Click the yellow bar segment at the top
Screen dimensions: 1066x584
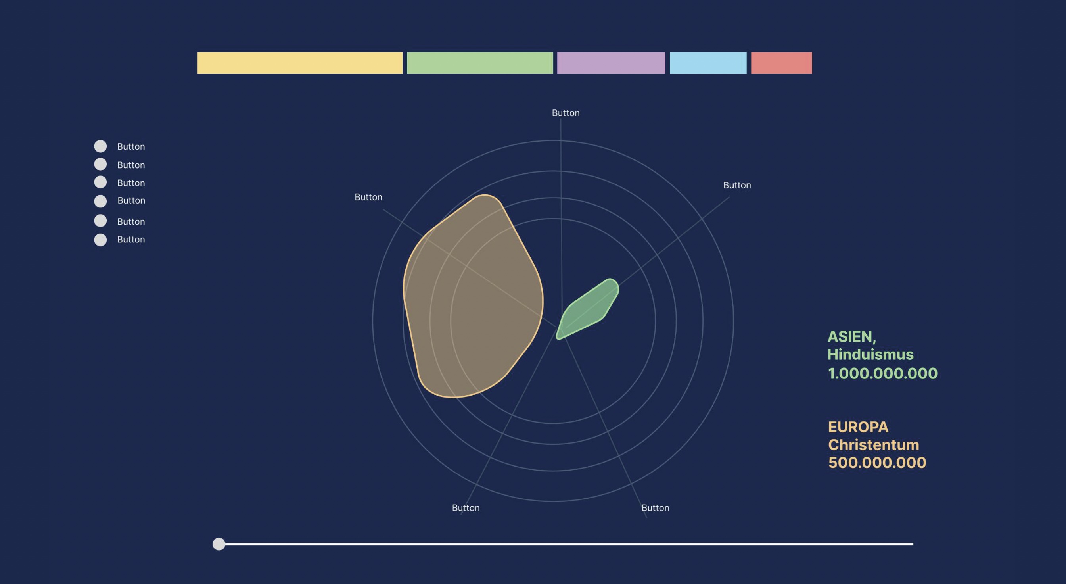(x=299, y=63)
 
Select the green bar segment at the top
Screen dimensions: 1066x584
(x=479, y=63)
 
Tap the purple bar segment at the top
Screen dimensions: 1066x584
(x=611, y=63)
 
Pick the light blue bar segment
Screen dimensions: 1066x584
(x=708, y=63)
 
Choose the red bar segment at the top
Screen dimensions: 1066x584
(x=781, y=63)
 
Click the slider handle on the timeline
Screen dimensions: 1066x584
(x=219, y=544)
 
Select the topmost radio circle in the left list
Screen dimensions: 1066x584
(x=100, y=146)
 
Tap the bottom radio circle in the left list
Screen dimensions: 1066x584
(x=100, y=240)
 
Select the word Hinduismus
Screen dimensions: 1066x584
(x=870, y=354)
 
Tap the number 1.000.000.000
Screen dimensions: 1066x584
(x=882, y=373)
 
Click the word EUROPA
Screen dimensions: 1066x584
(x=858, y=427)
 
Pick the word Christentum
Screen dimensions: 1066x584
(x=873, y=444)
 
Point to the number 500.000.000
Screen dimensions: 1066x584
(x=877, y=462)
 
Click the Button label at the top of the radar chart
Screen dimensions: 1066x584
(x=566, y=113)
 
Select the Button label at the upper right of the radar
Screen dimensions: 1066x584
(x=737, y=185)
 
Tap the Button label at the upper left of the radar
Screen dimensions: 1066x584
(x=368, y=197)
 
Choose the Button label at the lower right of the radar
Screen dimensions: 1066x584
(x=655, y=508)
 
